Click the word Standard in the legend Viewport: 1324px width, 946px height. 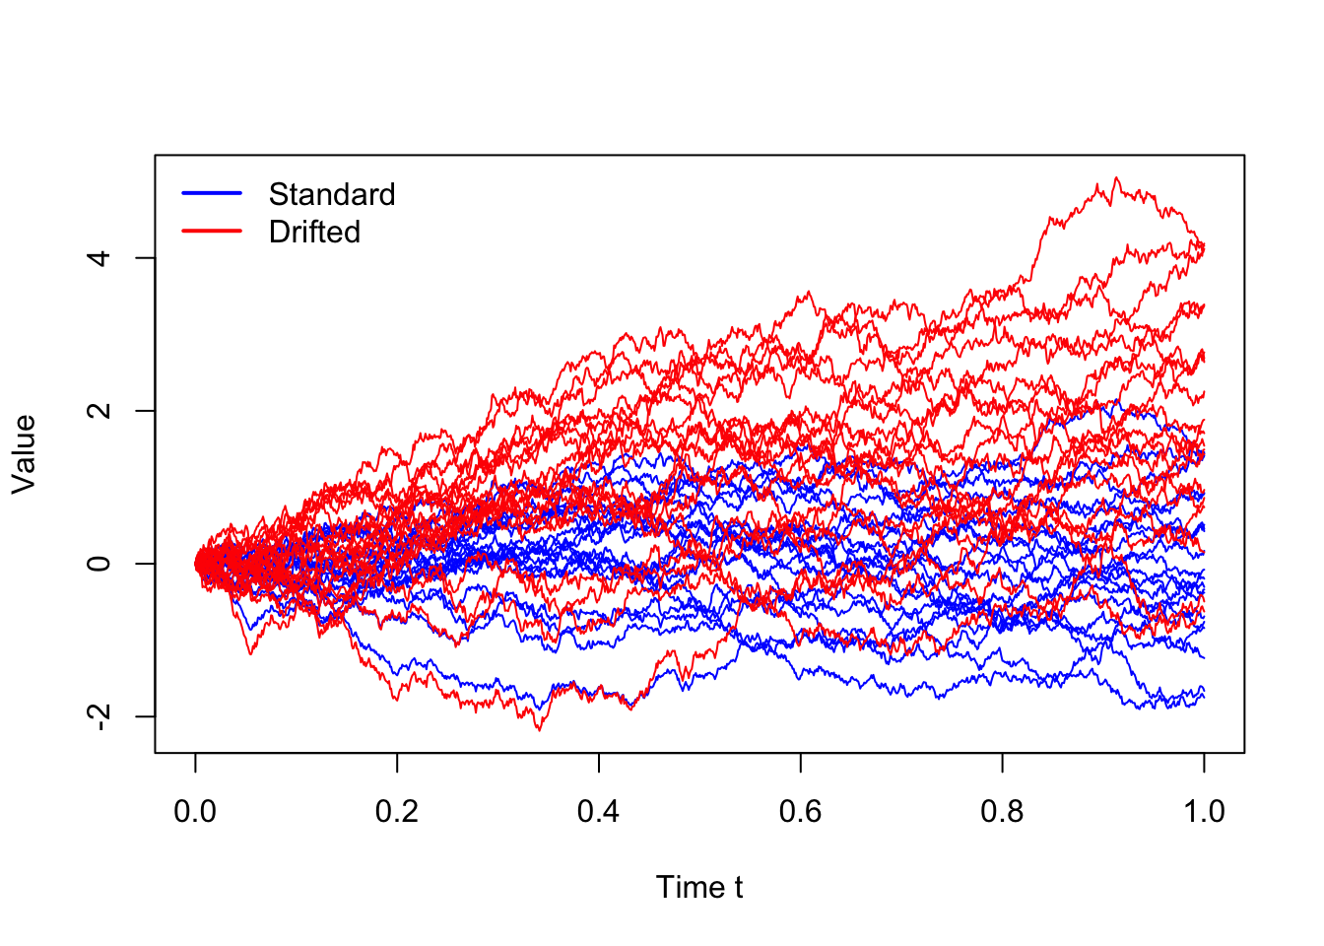pyautogui.click(x=332, y=194)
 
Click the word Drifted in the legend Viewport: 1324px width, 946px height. pyautogui.click(x=314, y=232)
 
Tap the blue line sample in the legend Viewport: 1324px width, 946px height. pyautogui.click(x=212, y=193)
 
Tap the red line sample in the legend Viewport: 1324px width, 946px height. pyautogui.click(x=212, y=231)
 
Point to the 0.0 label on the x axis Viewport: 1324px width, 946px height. pyautogui.click(x=195, y=811)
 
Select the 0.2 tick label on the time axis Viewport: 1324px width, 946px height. pyautogui.click(x=397, y=811)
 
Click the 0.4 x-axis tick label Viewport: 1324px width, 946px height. pyautogui.click(x=598, y=811)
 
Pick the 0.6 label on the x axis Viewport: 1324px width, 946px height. pyautogui.click(x=800, y=811)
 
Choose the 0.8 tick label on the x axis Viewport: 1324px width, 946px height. pyautogui.click(x=1002, y=811)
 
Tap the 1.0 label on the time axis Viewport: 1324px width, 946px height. pyautogui.click(x=1204, y=811)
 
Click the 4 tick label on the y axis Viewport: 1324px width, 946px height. pyautogui.click(x=99, y=258)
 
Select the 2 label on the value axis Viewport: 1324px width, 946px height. pyautogui.click(x=99, y=411)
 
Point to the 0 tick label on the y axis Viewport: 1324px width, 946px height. pyautogui.click(x=99, y=564)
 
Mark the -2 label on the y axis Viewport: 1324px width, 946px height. pyautogui.click(x=99, y=717)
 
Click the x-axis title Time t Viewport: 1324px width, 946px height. pyautogui.click(x=699, y=887)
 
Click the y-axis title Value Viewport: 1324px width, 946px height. pyautogui.click(x=25, y=454)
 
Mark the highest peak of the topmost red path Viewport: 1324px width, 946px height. pyautogui.click(x=1115, y=177)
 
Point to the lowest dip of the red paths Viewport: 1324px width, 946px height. pyautogui.click(x=539, y=730)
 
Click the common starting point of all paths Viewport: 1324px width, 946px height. pyautogui.click(x=196, y=564)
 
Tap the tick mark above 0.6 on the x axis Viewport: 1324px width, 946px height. pyautogui.click(x=800, y=763)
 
